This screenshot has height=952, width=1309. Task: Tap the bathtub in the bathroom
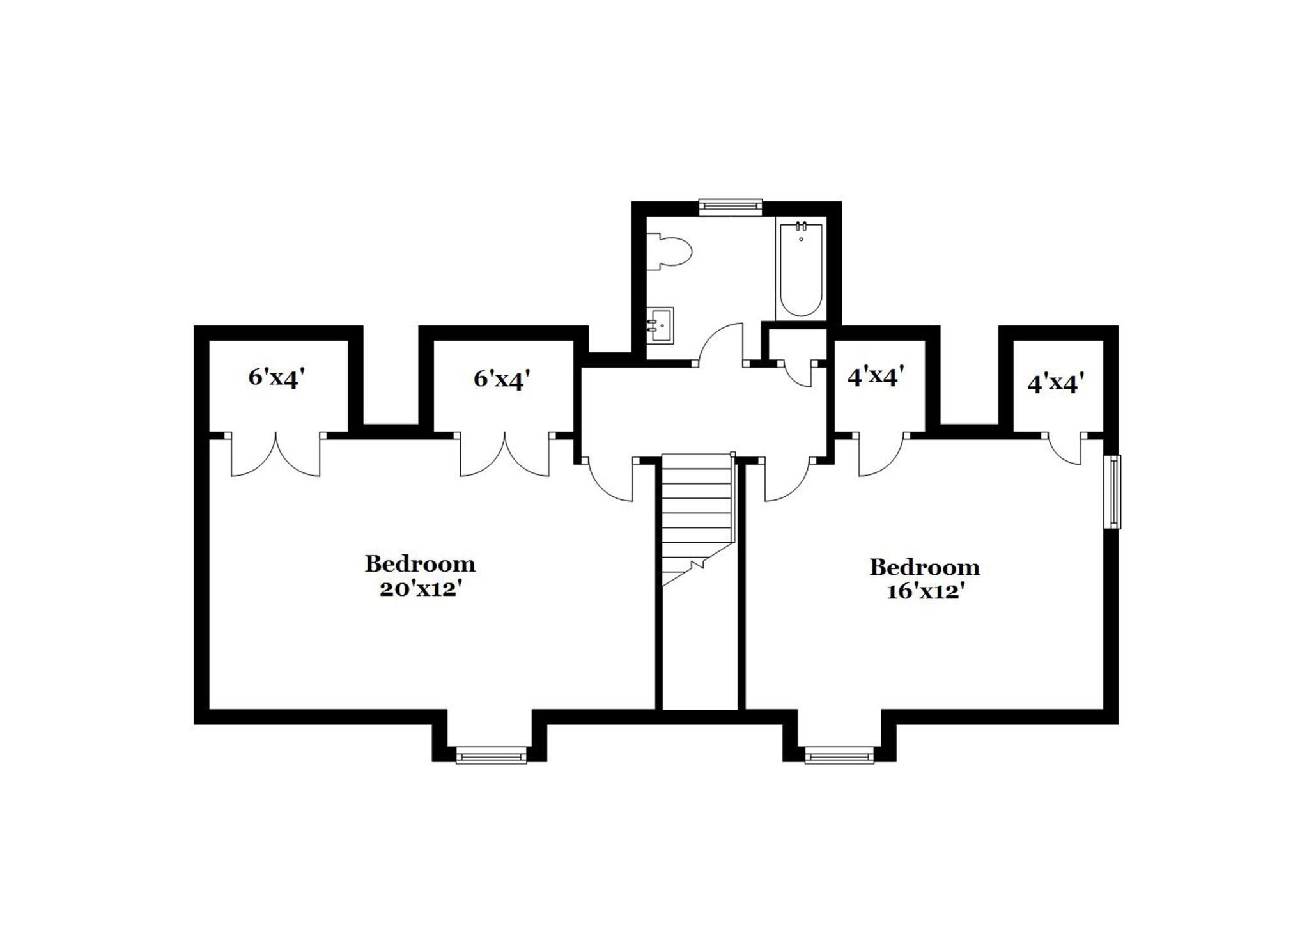click(801, 268)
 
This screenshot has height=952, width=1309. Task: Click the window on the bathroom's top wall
click(731, 205)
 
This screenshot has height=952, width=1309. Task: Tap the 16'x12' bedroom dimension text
click(924, 592)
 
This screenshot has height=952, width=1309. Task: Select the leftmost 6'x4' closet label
click(274, 378)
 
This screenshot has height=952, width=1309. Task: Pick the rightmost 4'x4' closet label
click(1055, 384)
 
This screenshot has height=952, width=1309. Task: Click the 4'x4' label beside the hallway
click(876, 377)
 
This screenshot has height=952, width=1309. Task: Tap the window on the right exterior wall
click(1113, 492)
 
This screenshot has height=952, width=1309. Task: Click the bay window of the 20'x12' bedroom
click(491, 756)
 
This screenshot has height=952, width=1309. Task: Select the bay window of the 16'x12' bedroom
click(839, 756)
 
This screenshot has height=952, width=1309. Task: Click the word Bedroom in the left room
click(420, 564)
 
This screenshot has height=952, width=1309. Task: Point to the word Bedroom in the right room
click(924, 567)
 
